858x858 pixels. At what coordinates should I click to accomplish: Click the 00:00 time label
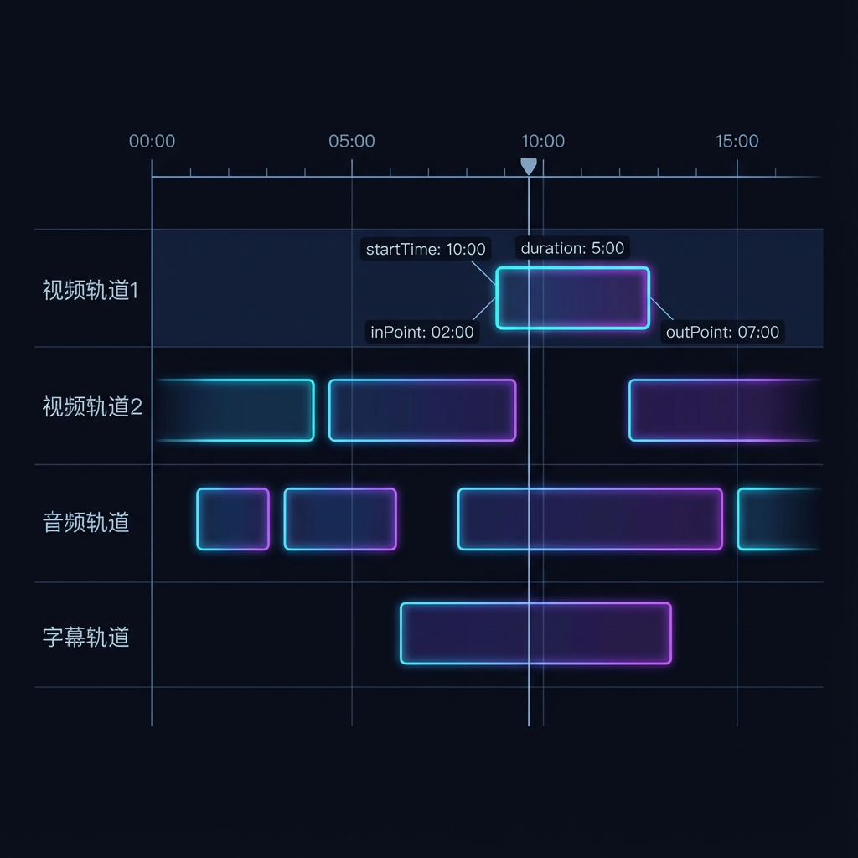[x=152, y=141]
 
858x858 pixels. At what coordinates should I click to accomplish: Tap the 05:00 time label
[x=352, y=141]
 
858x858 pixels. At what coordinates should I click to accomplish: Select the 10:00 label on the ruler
[x=543, y=141]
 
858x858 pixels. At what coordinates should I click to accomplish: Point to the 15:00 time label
[x=737, y=141]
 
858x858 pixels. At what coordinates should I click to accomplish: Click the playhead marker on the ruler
[x=529, y=166]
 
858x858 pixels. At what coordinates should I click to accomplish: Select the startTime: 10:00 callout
[x=426, y=249]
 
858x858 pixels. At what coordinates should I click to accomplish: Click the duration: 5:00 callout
[x=572, y=248]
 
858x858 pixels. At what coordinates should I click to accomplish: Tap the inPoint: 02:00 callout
[x=422, y=332]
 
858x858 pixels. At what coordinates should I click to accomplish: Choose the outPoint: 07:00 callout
[x=722, y=332]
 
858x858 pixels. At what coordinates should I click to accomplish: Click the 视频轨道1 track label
[x=90, y=291]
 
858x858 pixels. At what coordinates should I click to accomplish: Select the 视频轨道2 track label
[x=92, y=407]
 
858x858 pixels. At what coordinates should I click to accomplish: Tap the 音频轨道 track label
[x=86, y=522]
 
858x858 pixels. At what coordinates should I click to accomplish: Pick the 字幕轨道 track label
[x=86, y=637]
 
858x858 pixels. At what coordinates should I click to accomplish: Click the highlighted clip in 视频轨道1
[x=572, y=297]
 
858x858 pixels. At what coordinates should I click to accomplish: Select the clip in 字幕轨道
[x=535, y=633]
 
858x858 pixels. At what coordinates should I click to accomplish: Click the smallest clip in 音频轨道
[x=233, y=519]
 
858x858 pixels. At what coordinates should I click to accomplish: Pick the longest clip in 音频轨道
[x=590, y=519]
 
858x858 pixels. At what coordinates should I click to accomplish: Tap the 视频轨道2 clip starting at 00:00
[x=235, y=410]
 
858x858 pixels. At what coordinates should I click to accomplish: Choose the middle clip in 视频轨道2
[x=422, y=410]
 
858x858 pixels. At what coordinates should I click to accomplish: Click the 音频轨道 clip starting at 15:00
[x=779, y=519]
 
